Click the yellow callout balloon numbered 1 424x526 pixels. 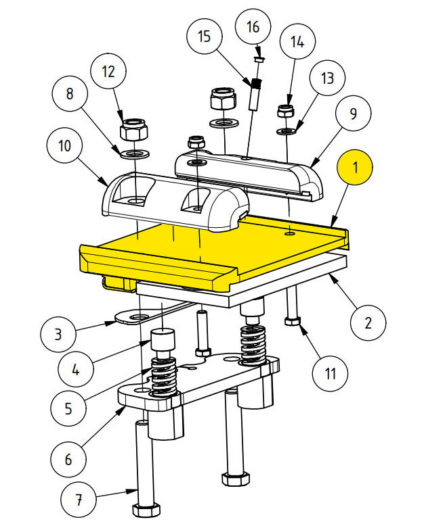[356, 167]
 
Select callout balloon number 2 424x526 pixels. [368, 320]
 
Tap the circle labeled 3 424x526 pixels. [58, 333]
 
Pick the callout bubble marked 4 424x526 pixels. [76, 370]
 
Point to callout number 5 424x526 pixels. [68, 408]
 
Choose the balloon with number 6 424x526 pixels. [68, 460]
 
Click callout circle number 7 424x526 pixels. [79, 501]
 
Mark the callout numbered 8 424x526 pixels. [70, 94]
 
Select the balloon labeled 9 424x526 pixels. [353, 113]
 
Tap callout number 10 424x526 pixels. [65, 145]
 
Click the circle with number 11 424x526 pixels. [331, 373]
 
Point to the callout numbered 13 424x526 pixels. [328, 79]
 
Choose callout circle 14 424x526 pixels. [297, 42]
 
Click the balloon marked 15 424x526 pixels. [205, 37]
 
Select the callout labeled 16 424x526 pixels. [253, 27]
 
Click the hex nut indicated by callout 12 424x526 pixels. [134, 128]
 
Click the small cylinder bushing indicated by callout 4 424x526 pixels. [163, 341]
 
